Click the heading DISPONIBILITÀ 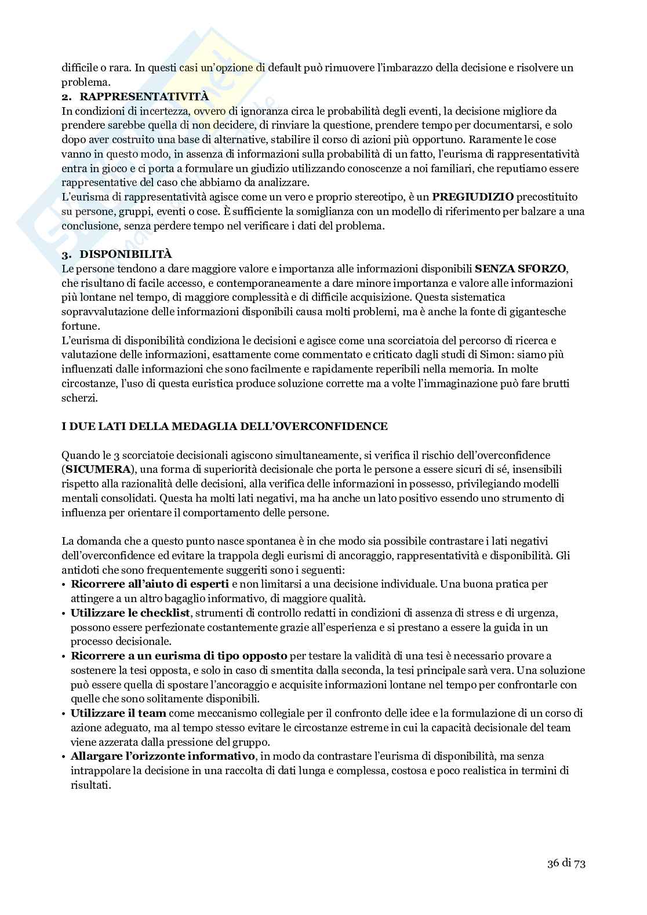pyautogui.click(x=125, y=254)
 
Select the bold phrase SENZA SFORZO pyautogui.click(x=521, y=268)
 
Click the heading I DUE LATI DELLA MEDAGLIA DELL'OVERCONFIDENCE pyautogui.click(x=224, y=426)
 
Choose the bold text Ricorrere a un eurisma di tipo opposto pyautogui.click(x=179, y=655)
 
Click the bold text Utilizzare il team pyautogui.click(x=118, y=713)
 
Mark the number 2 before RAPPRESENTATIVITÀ pyautogui.click(x=66, y=96)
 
